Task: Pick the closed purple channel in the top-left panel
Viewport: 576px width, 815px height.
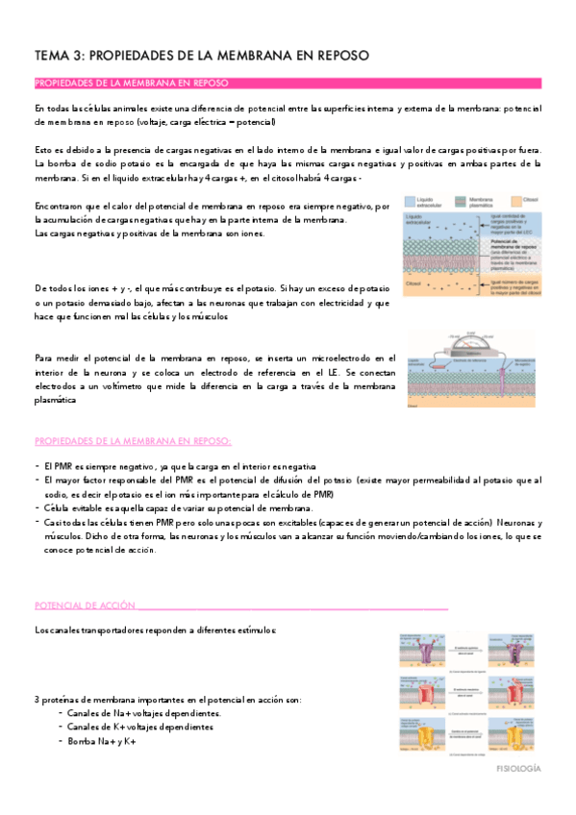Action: point(424,649)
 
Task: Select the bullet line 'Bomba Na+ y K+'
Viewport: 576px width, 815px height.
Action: point(102,742)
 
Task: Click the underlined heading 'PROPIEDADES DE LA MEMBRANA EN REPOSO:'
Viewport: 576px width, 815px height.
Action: point(133,440)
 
